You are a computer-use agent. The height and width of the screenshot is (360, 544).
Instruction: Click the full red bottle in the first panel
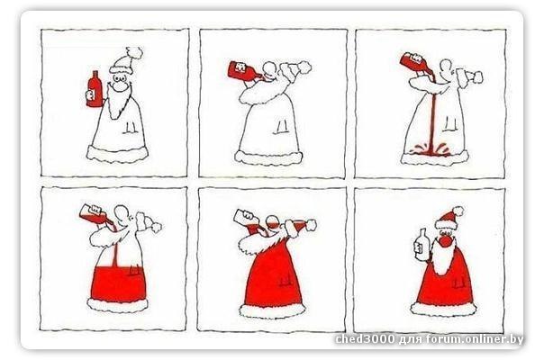pyautogui.click(x=95, y=89)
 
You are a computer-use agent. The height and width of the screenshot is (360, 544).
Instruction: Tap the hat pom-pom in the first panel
pyautogui.click(x=135, y=53)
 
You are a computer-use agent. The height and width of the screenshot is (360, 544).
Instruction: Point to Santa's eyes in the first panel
pyautogui.click(x=120, y=78)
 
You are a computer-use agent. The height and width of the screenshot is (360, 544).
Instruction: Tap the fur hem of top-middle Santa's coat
pyautogui.click(x=269, y=157)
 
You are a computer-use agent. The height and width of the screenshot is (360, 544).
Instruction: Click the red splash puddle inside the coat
pyautogui.click(x=430, y=150)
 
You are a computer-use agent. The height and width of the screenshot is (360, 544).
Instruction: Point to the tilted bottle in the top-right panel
pyautogui.click(x=415, y=63)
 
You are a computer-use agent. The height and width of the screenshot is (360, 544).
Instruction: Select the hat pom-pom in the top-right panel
pyautogui.click(x=478, y=77)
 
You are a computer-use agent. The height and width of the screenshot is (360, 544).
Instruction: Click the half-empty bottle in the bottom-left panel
pyautogui.click(x=95, y=214)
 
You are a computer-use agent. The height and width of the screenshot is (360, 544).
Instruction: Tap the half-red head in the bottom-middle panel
pyautogui.click(x=272, y=224)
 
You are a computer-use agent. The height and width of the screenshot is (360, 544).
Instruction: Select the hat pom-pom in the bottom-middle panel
pyautogui.click(x=311, y=225)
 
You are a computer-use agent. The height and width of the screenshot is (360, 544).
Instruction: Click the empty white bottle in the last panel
pyautogui.click(x=422, y=244)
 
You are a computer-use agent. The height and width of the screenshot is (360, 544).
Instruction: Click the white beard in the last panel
pyautogui.click(x=443, y=256)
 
